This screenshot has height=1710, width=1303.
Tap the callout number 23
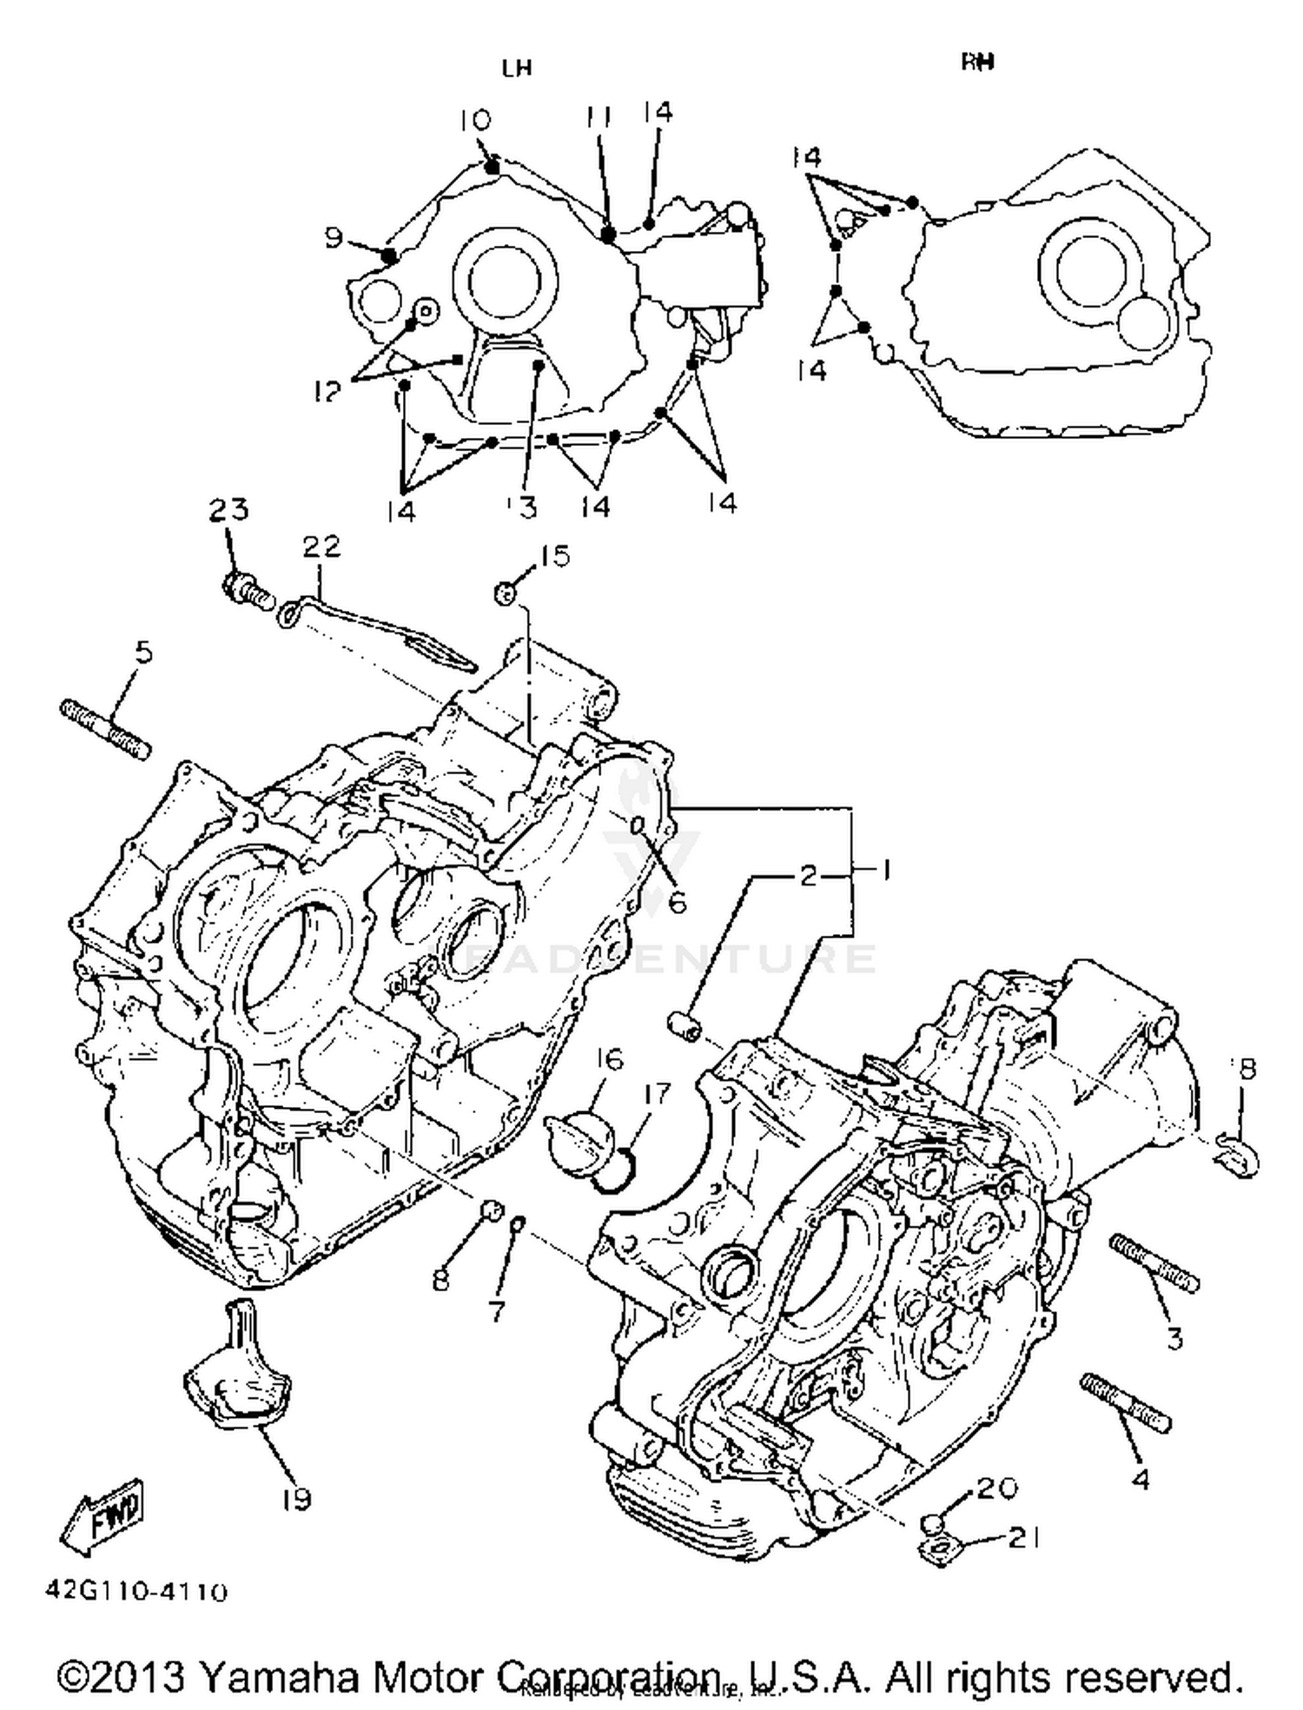[x=228, y=510]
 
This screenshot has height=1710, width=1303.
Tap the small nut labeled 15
[x=506, y=593]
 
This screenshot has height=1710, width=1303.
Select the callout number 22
[x=321, y=547]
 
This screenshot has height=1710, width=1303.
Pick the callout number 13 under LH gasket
[x=524, y=507]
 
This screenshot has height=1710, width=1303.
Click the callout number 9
[x=334, y=237]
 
